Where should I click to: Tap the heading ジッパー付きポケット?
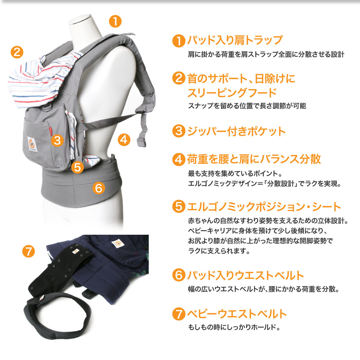click(236, 131)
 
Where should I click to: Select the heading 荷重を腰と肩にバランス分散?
click(254, 159)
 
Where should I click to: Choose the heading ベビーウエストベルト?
click(237, 314)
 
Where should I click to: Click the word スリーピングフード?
click(232, 93)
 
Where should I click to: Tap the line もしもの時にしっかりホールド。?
click(234, 328)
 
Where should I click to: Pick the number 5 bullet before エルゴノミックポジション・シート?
click(179, 207)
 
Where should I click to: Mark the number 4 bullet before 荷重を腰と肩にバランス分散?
click(179, 159)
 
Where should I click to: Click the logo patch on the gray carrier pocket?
click(33, 144)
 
